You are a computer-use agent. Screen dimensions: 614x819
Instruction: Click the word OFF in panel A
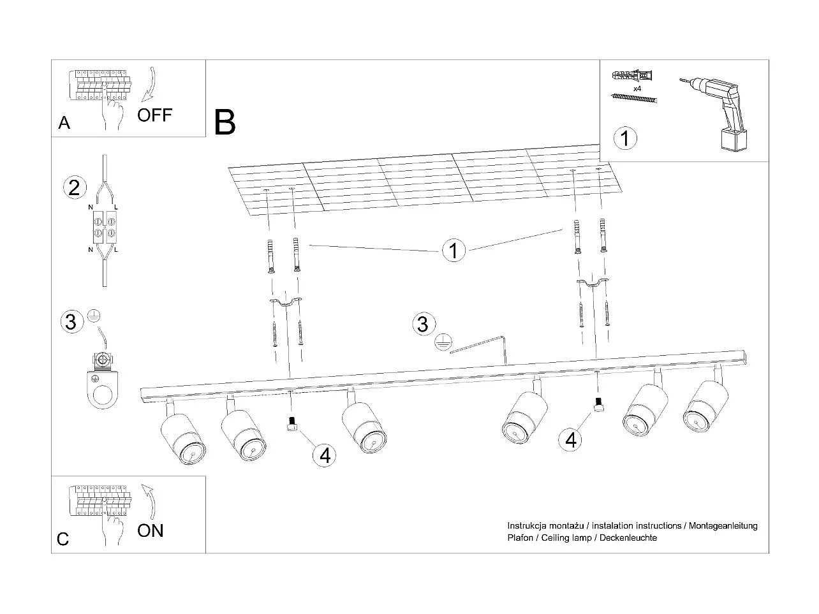coord(154,115)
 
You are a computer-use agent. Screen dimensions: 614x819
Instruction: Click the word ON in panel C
coord(151,530)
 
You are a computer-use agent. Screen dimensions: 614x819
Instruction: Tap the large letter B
coord(225,122)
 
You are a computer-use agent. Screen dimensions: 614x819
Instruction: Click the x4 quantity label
coord(637,88)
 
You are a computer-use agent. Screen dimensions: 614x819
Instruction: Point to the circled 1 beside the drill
coord(625,138)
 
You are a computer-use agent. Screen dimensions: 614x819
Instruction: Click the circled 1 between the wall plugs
coord(454,251)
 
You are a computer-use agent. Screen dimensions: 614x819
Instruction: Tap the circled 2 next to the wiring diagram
coord(74,187)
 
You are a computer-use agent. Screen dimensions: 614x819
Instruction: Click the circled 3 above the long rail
coord(422,324)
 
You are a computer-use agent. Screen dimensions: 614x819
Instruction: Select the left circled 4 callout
coord(325,455)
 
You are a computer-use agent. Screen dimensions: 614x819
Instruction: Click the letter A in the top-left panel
coord(64,123)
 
